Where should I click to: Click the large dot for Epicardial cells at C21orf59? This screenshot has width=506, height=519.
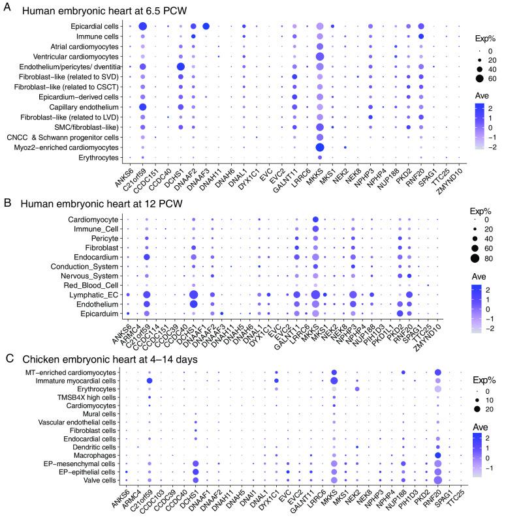click(142, 26)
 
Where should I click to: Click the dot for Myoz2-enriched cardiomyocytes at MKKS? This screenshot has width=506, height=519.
click(319, 147)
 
